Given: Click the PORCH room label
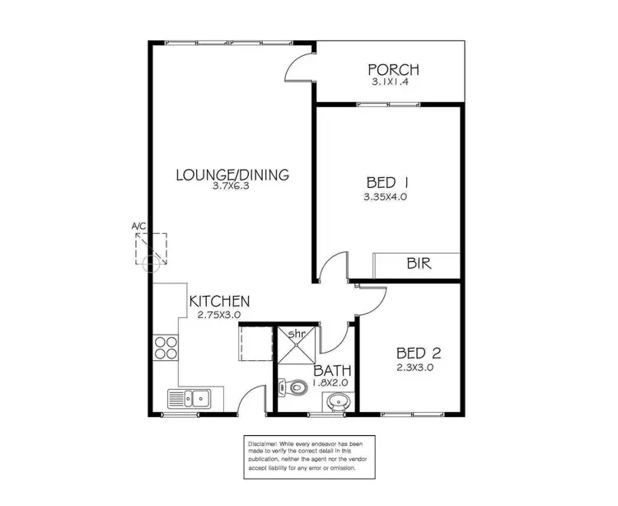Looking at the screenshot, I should click(394, 69).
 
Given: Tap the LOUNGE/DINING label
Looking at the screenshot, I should click(233, 174).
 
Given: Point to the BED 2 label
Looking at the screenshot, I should click(420, 354).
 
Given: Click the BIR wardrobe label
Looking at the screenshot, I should click(419, 265).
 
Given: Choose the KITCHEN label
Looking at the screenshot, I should click(219, 301).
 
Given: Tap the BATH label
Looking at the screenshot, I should click(330, 370).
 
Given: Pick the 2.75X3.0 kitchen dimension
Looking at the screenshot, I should click(218, 314).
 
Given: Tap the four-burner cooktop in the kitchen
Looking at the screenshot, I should click(166, 348).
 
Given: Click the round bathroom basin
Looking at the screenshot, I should click(336, 403).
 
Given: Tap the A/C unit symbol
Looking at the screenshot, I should click(151, 247).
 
